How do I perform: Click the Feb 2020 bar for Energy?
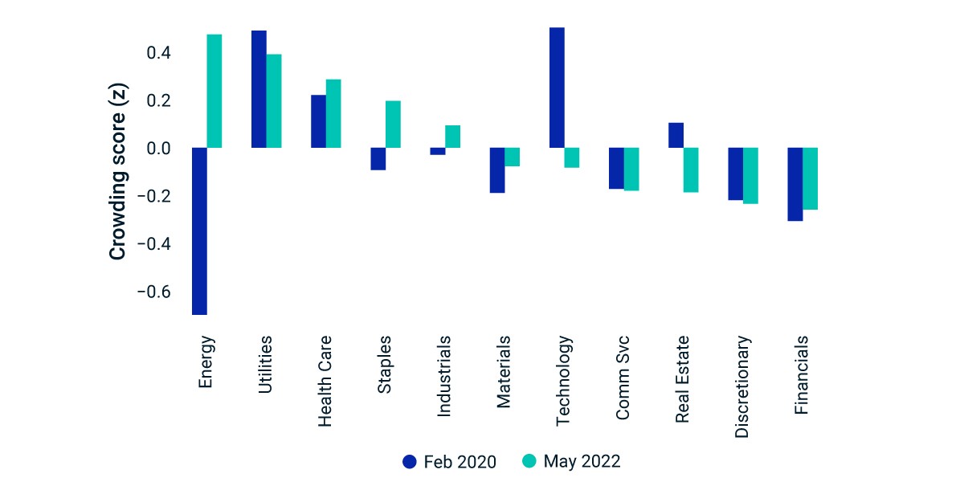coord(199,231)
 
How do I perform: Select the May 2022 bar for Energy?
coord(214,92)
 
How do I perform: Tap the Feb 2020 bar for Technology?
coord(557,88)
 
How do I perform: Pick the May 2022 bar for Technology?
coord(572,157)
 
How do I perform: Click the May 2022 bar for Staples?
coord(393,125)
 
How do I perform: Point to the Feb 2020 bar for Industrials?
coord(438,151)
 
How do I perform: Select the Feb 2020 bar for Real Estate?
coord(676,135)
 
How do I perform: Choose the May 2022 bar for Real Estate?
coord(691,170)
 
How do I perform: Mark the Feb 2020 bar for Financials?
coord(795,184)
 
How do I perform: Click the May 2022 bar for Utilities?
coord(274,101)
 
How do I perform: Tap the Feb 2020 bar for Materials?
coord(497,170)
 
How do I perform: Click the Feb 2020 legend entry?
coord(449,462)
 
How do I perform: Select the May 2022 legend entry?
coord(571,461)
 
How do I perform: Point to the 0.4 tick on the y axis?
coord(159,53)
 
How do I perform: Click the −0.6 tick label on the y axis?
coord(154,292)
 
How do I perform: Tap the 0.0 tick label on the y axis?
coord(159,149)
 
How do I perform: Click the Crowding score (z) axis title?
coord(117,171)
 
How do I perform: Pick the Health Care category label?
coord(325,382)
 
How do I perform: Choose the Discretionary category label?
coord(742,387)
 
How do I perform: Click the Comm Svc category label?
coord(623,378)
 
